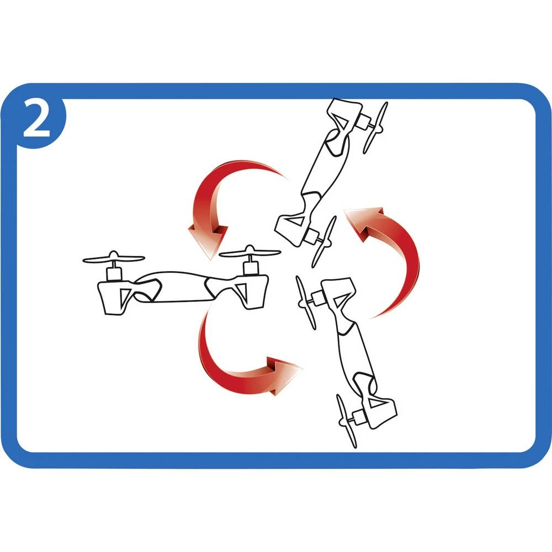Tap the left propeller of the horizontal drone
click(114, 258)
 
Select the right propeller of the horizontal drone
click(250, 252)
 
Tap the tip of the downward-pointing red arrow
click(210, 260)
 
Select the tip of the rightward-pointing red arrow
click(302, 368)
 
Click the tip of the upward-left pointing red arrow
click(344, 210)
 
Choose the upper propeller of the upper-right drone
click(375, 128)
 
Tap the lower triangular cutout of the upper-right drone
click(296, 221)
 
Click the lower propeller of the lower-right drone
click(347, 421)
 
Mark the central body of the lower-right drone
click(355, 355)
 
